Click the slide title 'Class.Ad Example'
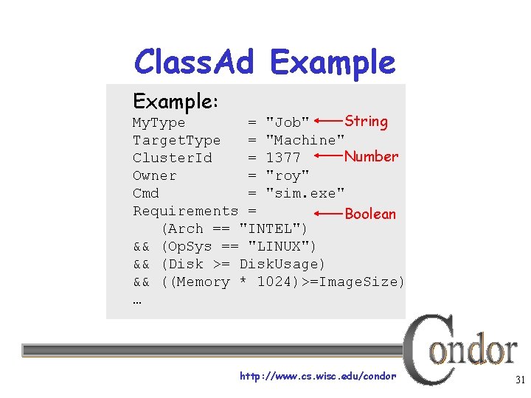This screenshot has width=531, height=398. (x=264, y=62)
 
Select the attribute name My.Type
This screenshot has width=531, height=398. (x=159, y=122)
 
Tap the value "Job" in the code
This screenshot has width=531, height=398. (x=287, y=122)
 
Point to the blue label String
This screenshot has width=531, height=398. (x=366, y=121)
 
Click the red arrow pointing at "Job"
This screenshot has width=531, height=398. (x=327, y=120)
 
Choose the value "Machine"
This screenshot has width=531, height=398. (x=305, y=140)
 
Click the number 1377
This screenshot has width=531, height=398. (x=283, y=158)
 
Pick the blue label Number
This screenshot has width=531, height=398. (x=371, y=156)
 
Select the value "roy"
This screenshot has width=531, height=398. (x=287, y=175)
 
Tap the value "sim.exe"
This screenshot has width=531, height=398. (x=305, y=193)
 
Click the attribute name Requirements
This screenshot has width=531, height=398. (x=185, y=211)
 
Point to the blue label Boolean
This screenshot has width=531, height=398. (x=370, y=214)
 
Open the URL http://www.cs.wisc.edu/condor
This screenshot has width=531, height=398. (x=318, y=377)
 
